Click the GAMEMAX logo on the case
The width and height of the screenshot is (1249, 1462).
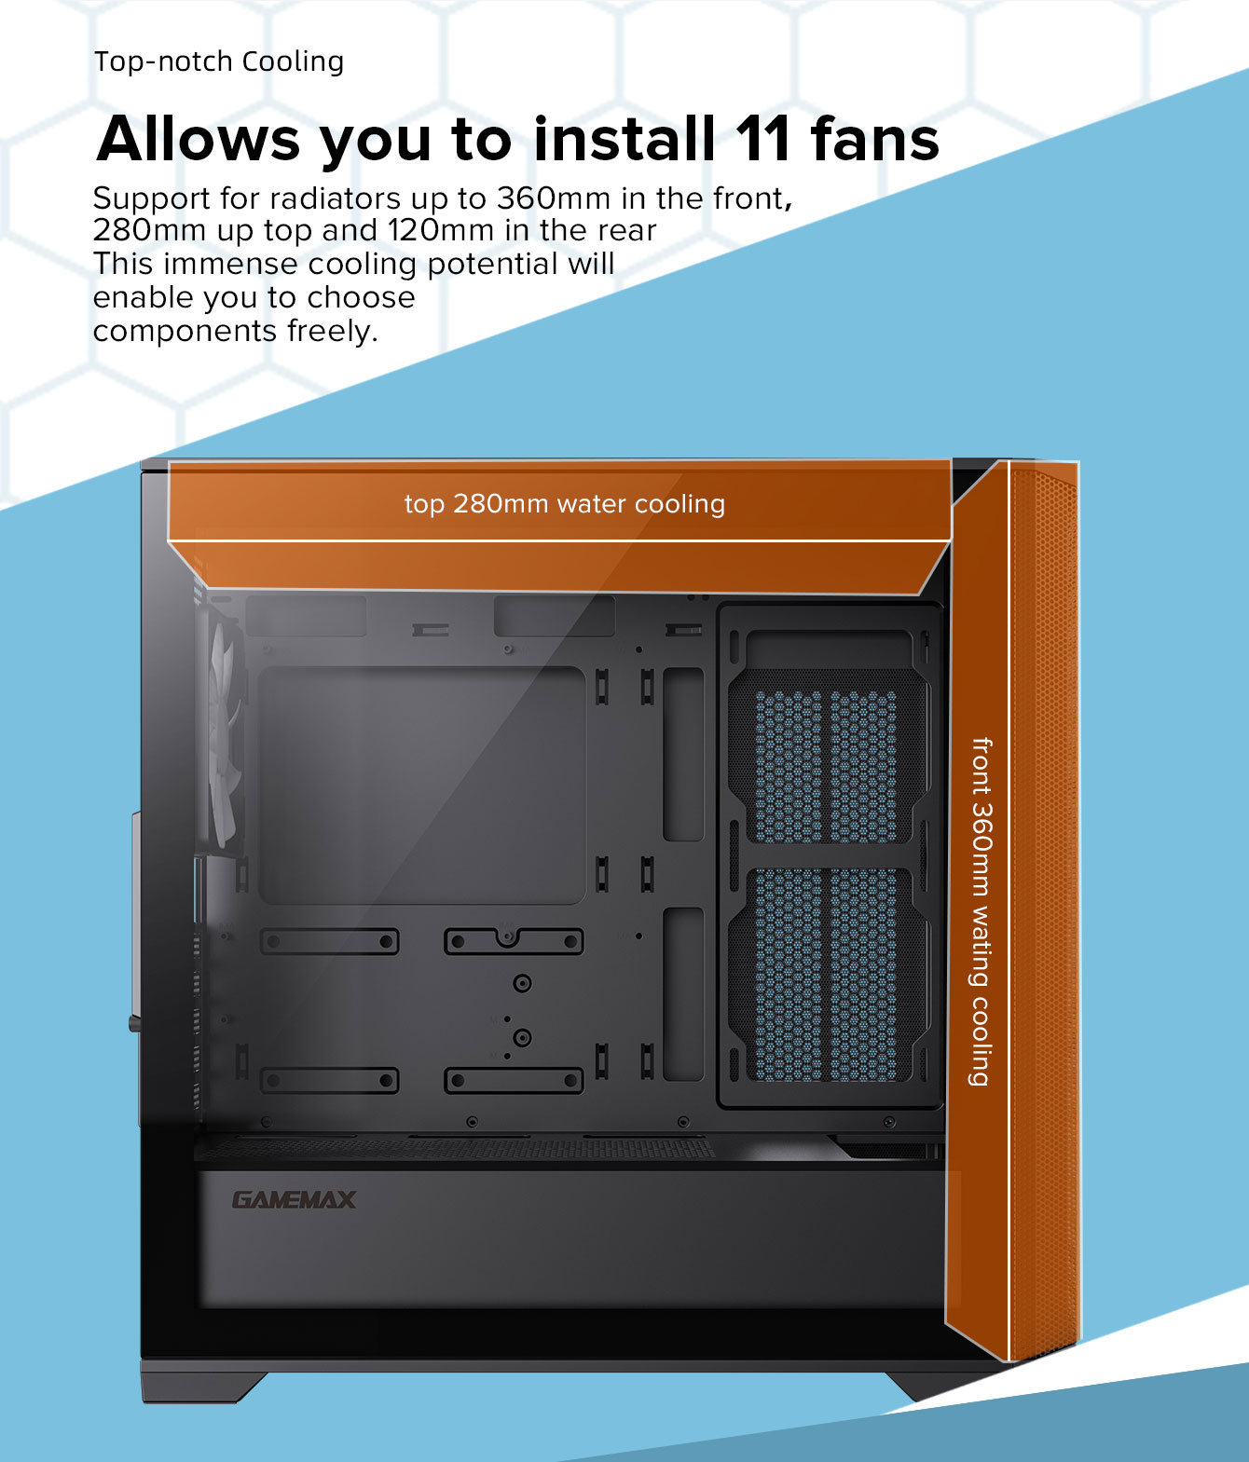tap(294, 1200)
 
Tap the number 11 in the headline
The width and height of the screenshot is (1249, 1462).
tap(762, 139)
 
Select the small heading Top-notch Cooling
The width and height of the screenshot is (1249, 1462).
tap(219, 61)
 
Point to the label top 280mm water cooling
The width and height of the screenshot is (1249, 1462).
tap(565, 503)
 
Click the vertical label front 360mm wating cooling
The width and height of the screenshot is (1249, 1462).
tap(981, 911)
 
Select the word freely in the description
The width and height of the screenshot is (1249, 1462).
tap(333, 331)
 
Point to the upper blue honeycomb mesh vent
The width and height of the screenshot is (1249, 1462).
tap(826, 767)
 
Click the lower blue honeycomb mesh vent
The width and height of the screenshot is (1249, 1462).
tap(826, 975)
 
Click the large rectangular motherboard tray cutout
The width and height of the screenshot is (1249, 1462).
tap(421, 786)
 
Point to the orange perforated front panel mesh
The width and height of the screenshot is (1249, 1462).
tap(1044, 911)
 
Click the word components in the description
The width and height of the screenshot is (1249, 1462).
tap(185, 331)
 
